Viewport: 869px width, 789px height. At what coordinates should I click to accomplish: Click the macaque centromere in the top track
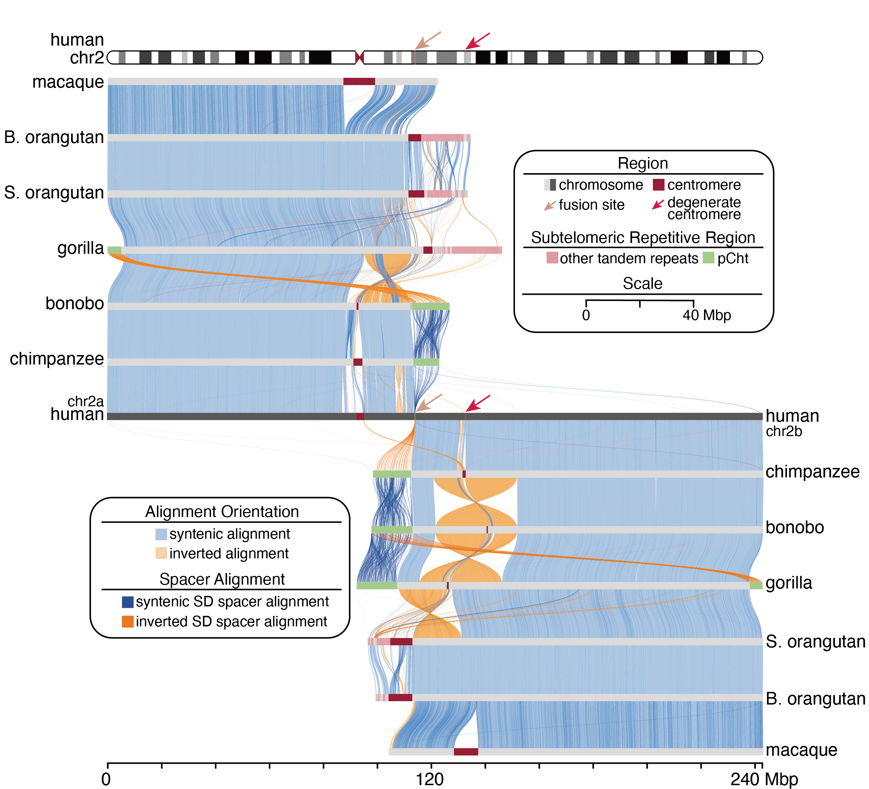tap(359, 82)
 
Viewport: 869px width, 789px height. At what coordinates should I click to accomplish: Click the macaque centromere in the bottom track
tap(466, 752)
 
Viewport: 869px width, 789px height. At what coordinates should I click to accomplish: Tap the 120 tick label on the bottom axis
tap(430, 780)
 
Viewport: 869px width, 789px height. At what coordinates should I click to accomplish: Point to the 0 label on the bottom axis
tap(106, 780)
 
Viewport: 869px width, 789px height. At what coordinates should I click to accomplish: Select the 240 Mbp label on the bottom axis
tap(764, 780)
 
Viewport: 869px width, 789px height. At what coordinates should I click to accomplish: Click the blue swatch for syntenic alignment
tap(161, 535)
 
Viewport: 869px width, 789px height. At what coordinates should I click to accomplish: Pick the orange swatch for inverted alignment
tap(161, 553)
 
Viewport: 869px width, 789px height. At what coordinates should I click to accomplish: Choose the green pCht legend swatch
tap(709, 258)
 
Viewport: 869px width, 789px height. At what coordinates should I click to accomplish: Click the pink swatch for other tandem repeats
tap(552, 258)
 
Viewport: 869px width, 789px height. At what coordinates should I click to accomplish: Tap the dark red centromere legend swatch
tap(658, 185)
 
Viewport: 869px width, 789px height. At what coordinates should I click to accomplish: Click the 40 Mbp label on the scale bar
tap(707, 315)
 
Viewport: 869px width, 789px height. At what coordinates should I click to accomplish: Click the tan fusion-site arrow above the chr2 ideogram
tap(427, 41)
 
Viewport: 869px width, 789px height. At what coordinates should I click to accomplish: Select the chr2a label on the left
tap(85, 402)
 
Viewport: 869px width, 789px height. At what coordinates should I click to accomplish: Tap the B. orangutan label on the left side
tap(54, 137)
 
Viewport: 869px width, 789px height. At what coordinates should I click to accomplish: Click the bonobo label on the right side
tap(794, 527)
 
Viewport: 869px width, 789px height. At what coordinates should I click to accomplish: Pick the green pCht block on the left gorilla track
tap(114, 250)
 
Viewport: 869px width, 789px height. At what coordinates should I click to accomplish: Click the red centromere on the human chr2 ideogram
tap(359, 57)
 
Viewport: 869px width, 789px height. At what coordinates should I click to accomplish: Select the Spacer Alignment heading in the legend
tap(222, 579)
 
